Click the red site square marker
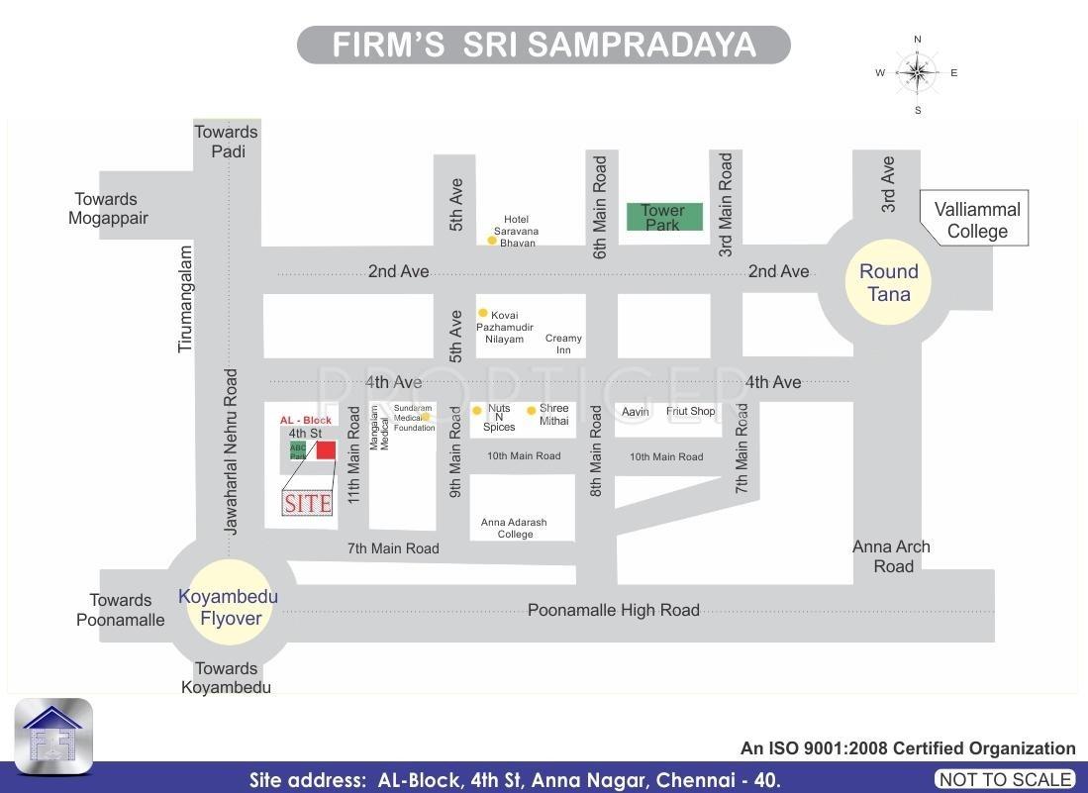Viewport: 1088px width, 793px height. click(x=326, y=450)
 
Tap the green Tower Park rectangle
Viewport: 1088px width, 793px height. click(x=664, y=217)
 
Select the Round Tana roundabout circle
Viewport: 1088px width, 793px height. click(x=888, y=282)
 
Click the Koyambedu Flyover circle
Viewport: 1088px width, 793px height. click(x=228, y=607)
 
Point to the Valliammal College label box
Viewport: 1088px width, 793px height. click(x=977, y=220)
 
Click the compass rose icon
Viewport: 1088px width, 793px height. click(x=918, y=72)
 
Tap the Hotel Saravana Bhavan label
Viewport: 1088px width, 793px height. click(x=517, y=231)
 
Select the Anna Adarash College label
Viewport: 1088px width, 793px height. click(x=515, y=528)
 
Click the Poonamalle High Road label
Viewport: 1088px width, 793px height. click(x=613, y=610)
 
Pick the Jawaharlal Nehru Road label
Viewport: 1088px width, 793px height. click(x=231, y=451)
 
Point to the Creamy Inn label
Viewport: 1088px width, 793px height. click(x=563, y=344)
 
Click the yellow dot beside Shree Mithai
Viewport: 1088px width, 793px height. click(x=532, y=410)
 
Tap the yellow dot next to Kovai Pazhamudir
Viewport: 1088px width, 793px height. click(x=483, y=313)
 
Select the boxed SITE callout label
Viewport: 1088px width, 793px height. click(x=307, y=503)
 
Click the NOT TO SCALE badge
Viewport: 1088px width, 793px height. click(x=1005, y=779)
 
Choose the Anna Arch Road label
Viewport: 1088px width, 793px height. click(x=891, y=556)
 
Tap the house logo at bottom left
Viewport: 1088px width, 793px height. click(x=53, y=736)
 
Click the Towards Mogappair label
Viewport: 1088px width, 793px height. click(x=107, y=208)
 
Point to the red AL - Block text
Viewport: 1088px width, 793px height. click(x=305, y=420)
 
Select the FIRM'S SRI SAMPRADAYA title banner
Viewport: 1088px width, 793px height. click(x=544, y=46)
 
